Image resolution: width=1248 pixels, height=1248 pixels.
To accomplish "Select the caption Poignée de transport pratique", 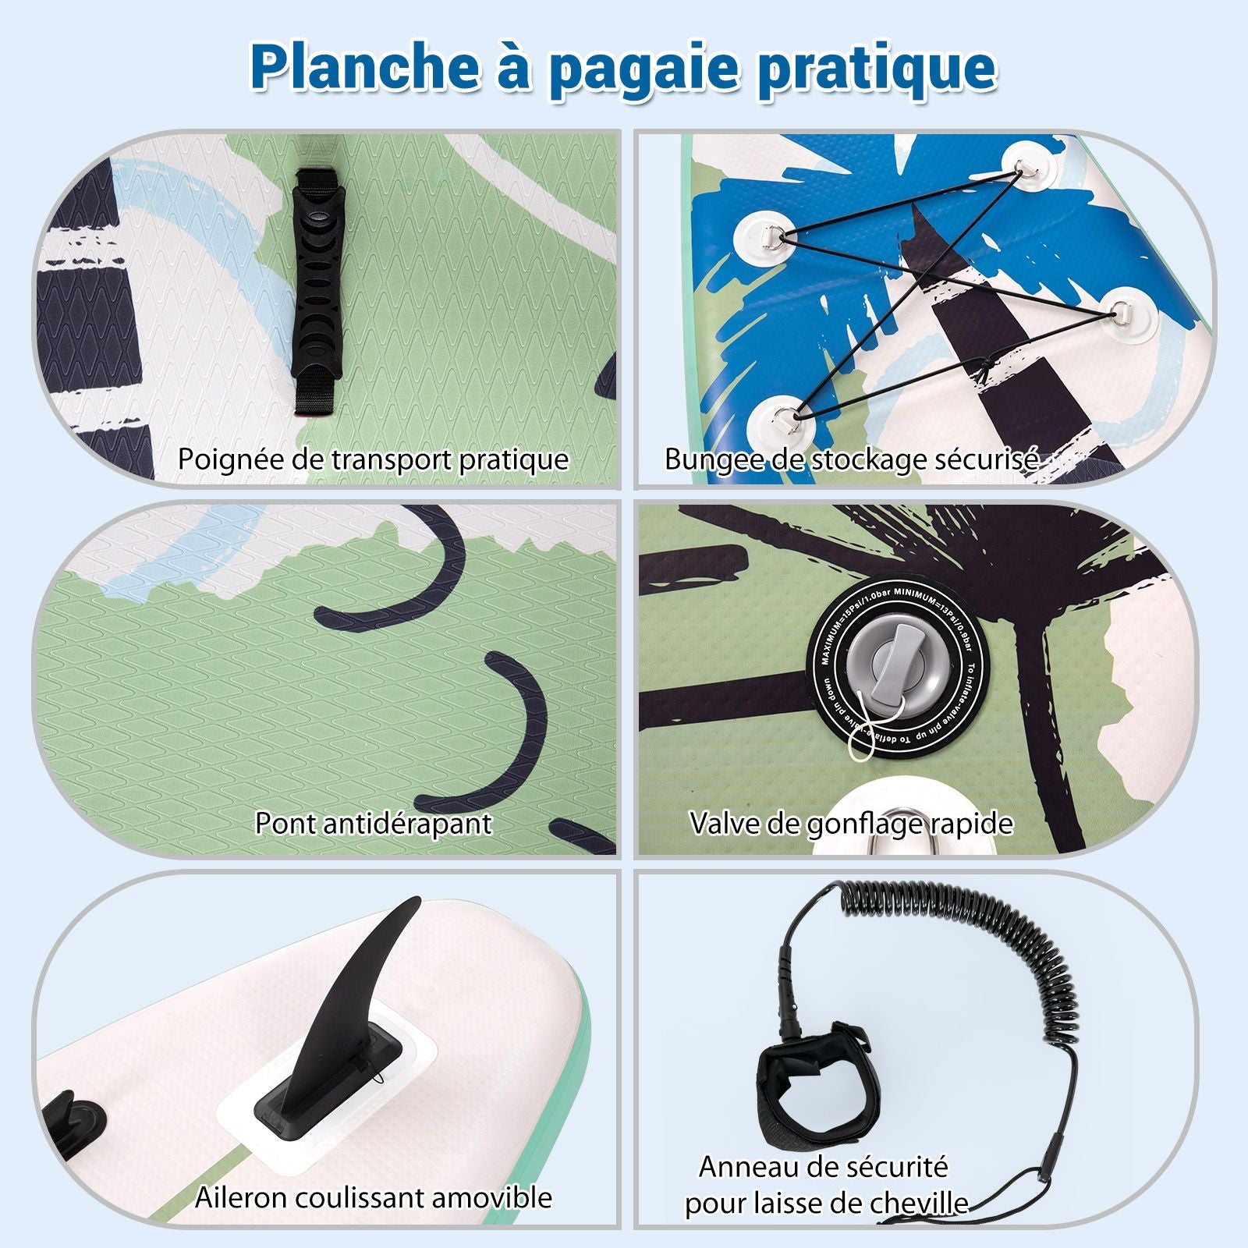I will pos(373,459).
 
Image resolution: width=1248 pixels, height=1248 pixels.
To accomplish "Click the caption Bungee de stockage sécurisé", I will pos(850,459).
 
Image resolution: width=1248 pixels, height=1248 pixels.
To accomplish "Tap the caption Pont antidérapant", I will pos(373,823).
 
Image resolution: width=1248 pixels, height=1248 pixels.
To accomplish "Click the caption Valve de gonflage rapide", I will pos(850,823).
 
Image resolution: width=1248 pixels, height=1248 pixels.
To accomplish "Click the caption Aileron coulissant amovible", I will pos(373,1197).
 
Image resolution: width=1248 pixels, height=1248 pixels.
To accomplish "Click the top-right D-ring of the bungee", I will pos(1023,165).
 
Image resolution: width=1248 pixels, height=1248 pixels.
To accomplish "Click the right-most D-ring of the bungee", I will pos(1123,311).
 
